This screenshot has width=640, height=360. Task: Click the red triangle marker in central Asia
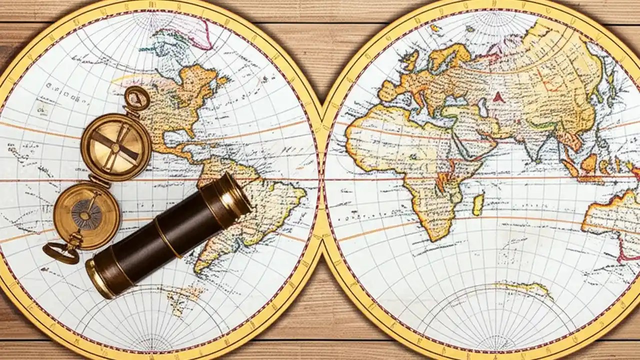(x=498, y=97)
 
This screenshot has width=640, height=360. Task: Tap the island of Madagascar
(x=478, y=204)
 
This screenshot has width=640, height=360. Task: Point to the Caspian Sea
(x=482, y=107)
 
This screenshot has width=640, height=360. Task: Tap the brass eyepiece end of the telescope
(x=100, y=277)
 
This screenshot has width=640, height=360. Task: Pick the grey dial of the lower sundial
(x=86, y=214)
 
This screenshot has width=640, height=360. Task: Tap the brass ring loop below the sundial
(x=60, y=252)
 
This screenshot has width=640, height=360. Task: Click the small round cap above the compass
(x=136, y=98)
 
